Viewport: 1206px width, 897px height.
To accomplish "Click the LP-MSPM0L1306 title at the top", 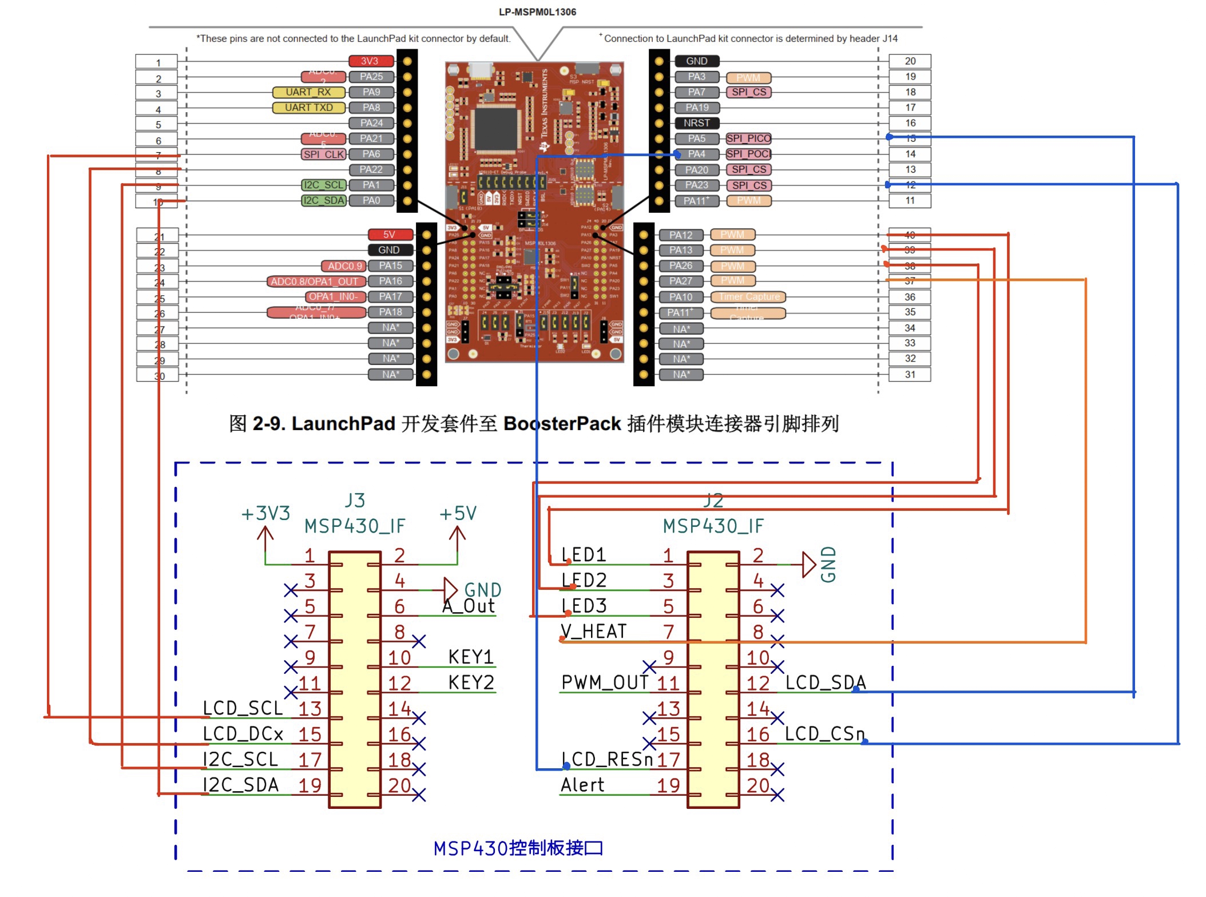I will (x=537, y=12).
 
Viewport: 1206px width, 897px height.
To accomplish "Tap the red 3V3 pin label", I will (x=371, y=61).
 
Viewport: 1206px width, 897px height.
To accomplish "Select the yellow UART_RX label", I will (x=308, y=92).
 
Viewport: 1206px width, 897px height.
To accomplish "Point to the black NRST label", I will (x=696, y=123).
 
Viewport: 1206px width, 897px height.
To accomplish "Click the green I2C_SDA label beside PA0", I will (x=324, y=201).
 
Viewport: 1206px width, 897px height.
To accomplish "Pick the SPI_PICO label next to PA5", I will (x=748, y=138).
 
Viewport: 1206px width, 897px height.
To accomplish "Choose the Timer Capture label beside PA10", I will (x=748, y=297).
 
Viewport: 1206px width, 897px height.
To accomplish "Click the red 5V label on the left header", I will (x=390, y=235).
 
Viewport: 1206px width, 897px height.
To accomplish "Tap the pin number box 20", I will (x=910, y=61).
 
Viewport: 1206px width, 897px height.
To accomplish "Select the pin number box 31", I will (x=910, y=375).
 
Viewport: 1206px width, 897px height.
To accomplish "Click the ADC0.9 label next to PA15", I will (x=345, y=266).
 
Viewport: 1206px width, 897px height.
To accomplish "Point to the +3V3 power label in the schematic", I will (x=265, y=514).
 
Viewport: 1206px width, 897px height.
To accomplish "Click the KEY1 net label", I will (x=471, y=657).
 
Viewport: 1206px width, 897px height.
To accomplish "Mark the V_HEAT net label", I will (x=594, y=632).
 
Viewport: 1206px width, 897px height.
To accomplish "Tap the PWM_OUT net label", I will (x=605, y=682).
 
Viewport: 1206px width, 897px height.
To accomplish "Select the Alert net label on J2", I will (x=582, y=785).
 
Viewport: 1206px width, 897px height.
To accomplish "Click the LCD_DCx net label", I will (x=243, y=734).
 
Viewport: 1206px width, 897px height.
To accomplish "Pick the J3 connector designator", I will (x=355, y=501).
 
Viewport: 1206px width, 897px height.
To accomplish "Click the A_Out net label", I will (x=469, y=606).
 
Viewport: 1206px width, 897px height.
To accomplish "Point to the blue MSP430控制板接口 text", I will (x=518, y=848).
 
